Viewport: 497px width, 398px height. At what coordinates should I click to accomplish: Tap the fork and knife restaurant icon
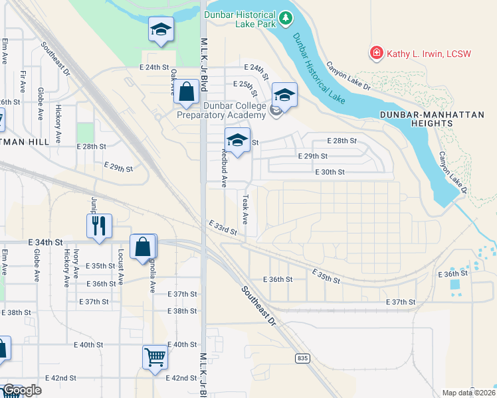pyautogui.click(x=99, y=226)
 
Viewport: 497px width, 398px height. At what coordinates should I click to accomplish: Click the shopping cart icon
pyautogui.click(x=155, y=357)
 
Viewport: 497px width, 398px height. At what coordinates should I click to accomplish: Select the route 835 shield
pyautogui.click(x=303, y=358)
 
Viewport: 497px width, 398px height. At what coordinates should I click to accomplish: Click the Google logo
pyautogui.click(x=21, y=390)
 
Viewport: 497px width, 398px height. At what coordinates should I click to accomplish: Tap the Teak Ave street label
pyautogui.click(x=245, y=208)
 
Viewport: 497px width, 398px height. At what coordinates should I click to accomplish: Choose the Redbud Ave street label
pyautogui.click(x=225, y=165)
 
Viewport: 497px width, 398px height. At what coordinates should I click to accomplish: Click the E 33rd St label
pyautogui.click(x=223, y=228)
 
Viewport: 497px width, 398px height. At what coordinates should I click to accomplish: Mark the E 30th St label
pyautogui.click(x=330, y=172)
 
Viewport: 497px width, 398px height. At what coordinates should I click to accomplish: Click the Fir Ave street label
pyautogui.click(x=23, y=80)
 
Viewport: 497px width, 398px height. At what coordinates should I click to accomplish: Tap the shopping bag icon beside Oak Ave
pyautogui.click(x=187, y=92)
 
